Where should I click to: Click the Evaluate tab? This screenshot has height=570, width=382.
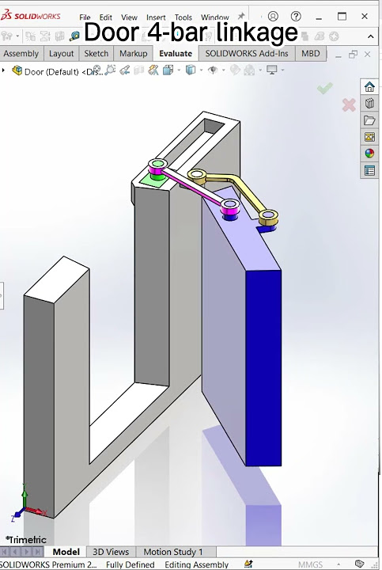point(176,54)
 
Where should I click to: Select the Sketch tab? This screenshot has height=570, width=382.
point(96,54)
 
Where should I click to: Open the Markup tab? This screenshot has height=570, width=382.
point(133,54)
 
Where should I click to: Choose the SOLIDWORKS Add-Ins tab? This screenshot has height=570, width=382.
point(247,54)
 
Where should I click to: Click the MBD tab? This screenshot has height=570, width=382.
point(311,54)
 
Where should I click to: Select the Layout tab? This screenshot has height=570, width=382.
point(61,54)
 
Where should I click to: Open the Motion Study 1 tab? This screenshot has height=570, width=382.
point(173,552)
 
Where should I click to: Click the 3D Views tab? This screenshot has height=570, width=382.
point(111,552)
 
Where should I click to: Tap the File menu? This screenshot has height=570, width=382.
point(85,17)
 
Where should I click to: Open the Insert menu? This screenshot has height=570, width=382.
point(156,17)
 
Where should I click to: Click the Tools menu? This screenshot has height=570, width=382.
point(183,17)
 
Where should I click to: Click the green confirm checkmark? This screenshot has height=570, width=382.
point(324,89)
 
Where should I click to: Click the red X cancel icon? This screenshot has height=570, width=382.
point(348,104)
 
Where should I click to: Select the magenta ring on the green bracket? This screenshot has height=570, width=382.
point(157,165)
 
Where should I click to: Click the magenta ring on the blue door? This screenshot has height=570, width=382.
point(230,207)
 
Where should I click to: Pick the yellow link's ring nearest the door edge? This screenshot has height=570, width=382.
point(269,215)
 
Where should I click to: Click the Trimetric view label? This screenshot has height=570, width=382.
point(27,540)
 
